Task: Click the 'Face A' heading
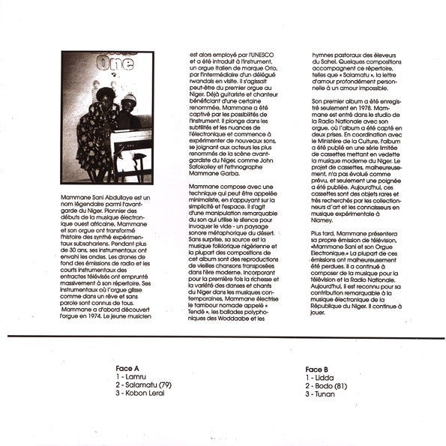(128, 370)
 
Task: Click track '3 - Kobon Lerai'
(140, 393)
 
